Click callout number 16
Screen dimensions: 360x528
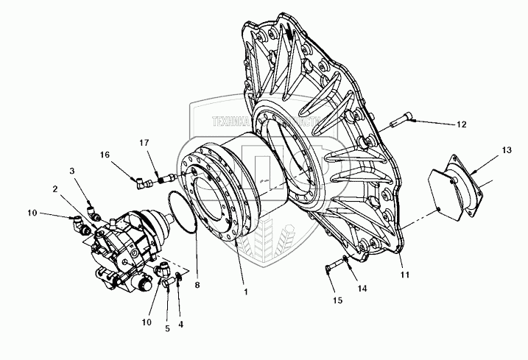(x=105, y=155)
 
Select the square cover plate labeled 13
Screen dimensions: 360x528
(x=455, y=191)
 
